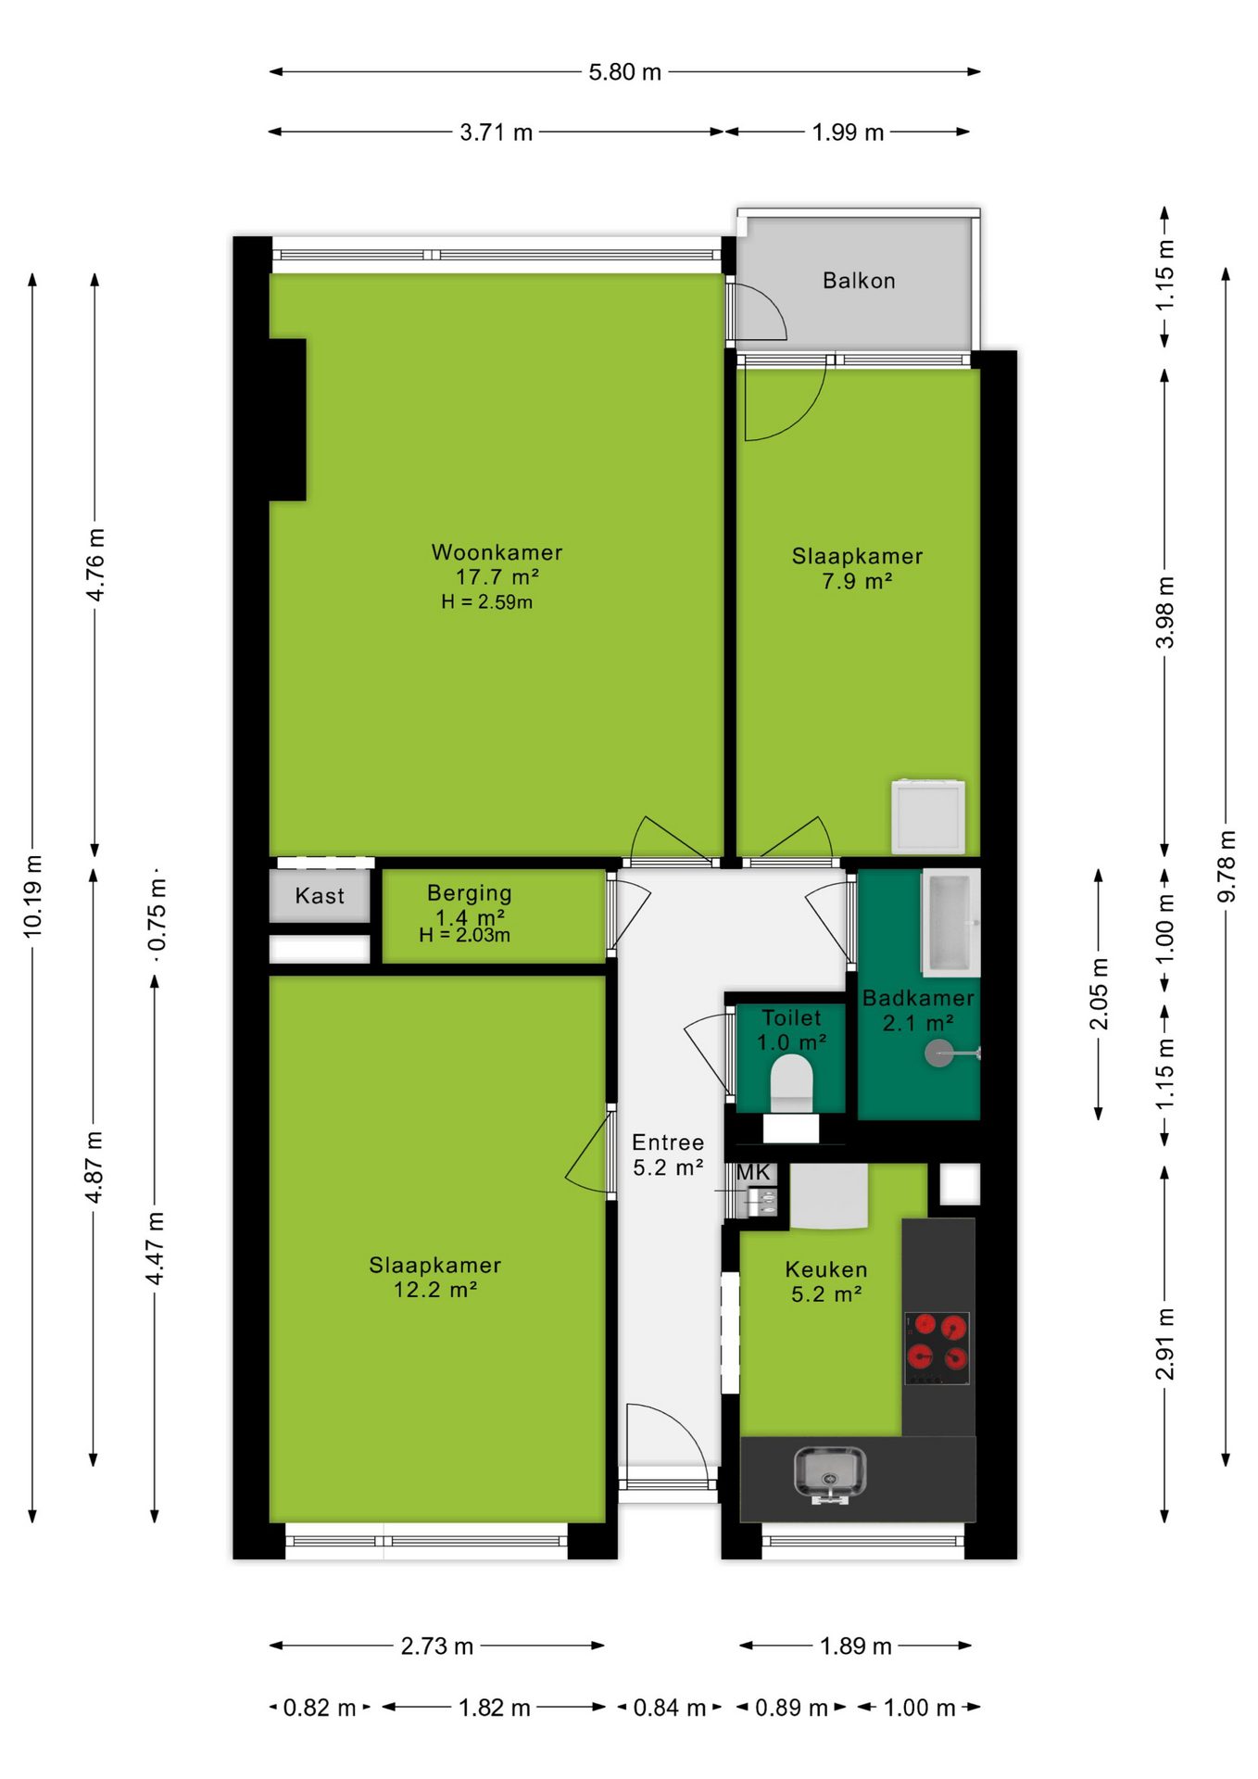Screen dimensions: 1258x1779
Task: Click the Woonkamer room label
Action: [x=497, y=552]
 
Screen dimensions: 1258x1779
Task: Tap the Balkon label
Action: [x=859, y=281]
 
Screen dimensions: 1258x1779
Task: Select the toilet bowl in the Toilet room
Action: [x=791, y=1084]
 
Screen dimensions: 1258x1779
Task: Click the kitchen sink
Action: [x=830, y=1472]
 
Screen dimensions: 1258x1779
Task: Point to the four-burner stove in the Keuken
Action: [x=937, y=1348]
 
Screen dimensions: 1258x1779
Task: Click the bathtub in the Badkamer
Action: [x=950, y=921]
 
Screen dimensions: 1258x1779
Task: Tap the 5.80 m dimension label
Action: [x=625, y=72]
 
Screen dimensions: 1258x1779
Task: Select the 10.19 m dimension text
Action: [x=33, y=896]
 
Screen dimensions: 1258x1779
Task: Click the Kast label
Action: [x=320, y=896]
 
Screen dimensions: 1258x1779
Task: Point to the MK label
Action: [x=753, y=1173]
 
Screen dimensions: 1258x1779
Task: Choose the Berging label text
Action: [x=469, y=893]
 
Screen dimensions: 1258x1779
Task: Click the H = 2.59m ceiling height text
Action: [x=486, y=602]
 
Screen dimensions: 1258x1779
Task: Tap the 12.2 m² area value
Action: [x=434, y=1290]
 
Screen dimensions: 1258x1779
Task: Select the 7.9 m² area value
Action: [x=857, y=581]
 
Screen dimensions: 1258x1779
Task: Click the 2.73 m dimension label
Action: [x=436, y=1646]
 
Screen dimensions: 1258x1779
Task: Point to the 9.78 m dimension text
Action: [x=1227, y=865]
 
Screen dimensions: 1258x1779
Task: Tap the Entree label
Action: [x=668, y=1142]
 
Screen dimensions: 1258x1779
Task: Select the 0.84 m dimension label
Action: [x=669, y=1708]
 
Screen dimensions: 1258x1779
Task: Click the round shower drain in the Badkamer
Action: [x=939, y=1054]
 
